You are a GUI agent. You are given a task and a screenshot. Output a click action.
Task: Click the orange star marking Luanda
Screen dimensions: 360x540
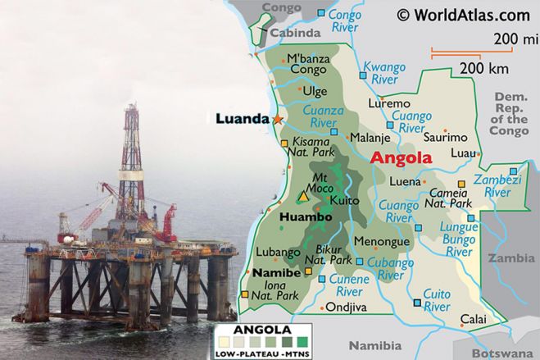277,120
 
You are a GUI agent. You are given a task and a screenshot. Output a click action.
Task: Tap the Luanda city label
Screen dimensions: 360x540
242,119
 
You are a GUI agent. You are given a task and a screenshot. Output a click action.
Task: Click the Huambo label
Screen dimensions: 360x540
306,217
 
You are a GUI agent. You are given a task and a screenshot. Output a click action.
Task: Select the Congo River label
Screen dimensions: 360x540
344,21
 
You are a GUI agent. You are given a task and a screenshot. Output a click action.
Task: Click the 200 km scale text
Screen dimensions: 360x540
480,67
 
